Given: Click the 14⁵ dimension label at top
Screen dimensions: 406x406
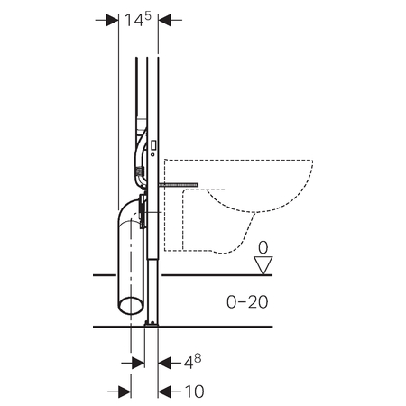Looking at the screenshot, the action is click(x=138, y=20).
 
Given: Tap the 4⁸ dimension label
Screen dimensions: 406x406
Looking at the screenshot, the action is click(x=192, y=362).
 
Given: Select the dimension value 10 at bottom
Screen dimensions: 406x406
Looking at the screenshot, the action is click(x=194, y=392).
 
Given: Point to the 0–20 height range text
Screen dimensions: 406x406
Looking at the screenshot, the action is click(x=247, y=302).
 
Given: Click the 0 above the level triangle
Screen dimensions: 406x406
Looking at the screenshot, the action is click(x=263, y=248).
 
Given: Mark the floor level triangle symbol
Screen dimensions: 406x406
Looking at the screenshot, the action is click(x=263, y=265).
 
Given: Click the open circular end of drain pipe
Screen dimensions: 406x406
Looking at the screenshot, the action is click(x=131, y=306).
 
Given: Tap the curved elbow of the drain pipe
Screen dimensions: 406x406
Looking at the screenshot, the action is click(x=129, y=210).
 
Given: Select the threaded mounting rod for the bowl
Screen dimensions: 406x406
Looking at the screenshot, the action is click(x=179, y=184).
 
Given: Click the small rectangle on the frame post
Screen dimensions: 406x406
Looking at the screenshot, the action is click(x=153, y=145).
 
